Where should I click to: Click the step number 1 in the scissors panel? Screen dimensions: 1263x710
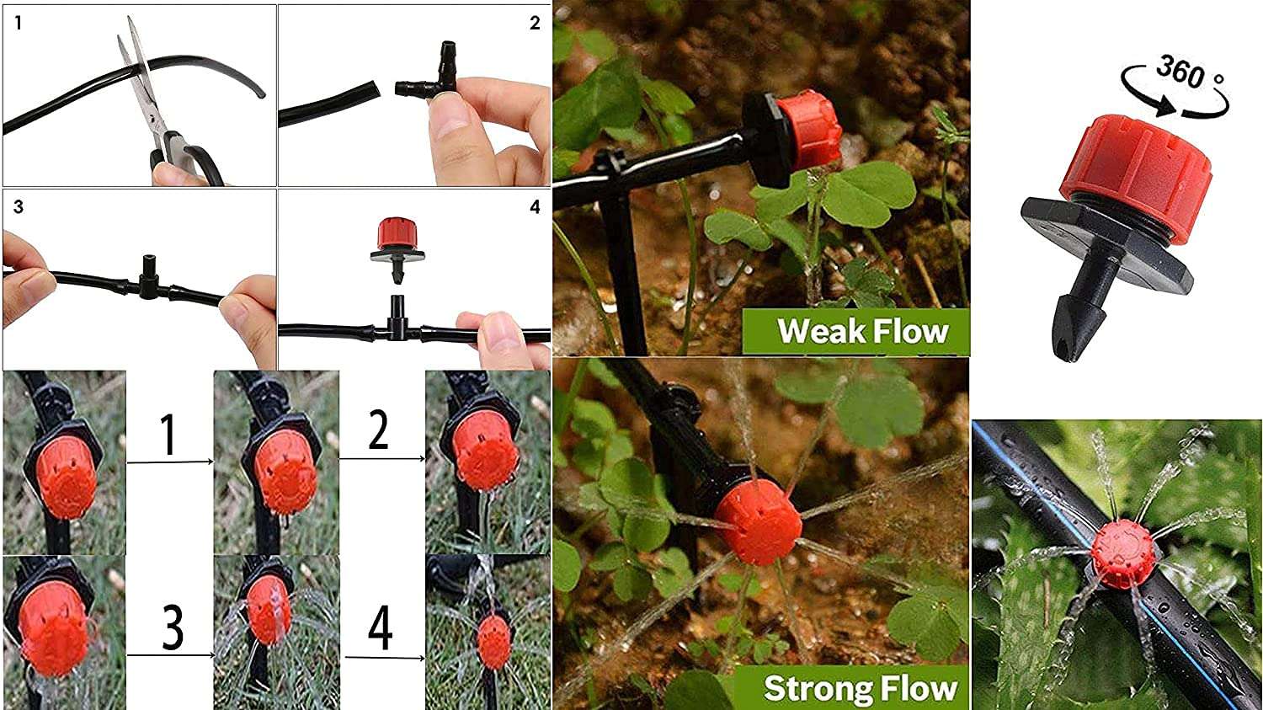(x=19, y=23)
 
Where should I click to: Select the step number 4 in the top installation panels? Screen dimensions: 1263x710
(x=535, y=207)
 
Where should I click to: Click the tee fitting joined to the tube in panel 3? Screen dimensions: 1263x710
(x=147, y=276)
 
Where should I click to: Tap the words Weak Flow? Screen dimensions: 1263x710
(x=863, y=331)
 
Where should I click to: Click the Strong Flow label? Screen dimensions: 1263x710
(x=861, y=688)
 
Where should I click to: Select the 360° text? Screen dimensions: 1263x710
(x=1189, y=72)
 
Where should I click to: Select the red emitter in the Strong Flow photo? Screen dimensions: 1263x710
(x=759, y=521)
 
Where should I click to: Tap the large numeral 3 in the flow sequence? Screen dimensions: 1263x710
(x=173, y=627)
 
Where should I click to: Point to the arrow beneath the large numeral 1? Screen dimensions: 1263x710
(x=170, y=462)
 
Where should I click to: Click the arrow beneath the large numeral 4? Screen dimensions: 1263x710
(x=385, y=657)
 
